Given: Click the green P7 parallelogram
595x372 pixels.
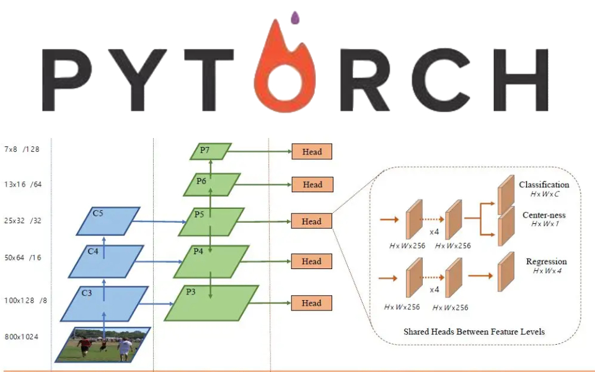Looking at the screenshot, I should click(x=211, y=151).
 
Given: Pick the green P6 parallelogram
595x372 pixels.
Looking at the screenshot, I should click(x=211, y=184).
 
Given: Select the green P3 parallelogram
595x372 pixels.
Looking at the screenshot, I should click(x=211, y=303).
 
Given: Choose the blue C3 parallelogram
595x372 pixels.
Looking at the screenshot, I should click(x=105, y=303).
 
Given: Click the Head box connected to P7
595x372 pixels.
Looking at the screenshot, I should click(x=312, y=151).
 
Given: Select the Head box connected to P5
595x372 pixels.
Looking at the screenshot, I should click(x=312, y=221).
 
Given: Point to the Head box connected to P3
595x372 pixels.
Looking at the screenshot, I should click(x=312, y=303).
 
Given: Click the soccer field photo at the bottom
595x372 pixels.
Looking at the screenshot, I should click(x=103, y=344).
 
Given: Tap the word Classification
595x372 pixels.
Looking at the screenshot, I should click(x=544, y=185).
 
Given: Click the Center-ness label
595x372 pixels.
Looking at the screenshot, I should click(x=545, y=215).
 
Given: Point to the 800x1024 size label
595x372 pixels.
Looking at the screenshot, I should click(x=21, y=337).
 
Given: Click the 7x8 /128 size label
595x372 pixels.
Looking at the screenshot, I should click(x=21, y=149).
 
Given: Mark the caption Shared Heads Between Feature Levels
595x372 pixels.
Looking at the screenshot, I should click(x=474, y=332).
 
